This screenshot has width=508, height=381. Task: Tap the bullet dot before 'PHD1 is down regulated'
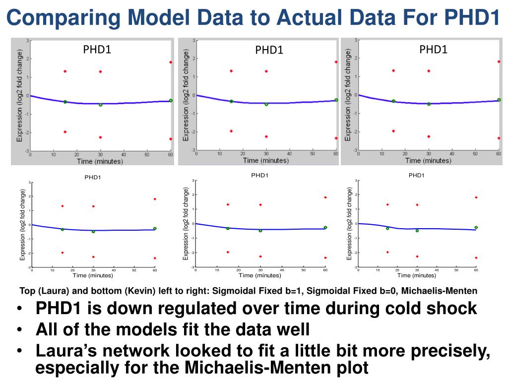tap(19, 309)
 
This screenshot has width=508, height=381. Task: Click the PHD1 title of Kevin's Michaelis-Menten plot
tap(416, 175)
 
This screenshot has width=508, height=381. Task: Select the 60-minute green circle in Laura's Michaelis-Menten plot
tap(499, 100)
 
